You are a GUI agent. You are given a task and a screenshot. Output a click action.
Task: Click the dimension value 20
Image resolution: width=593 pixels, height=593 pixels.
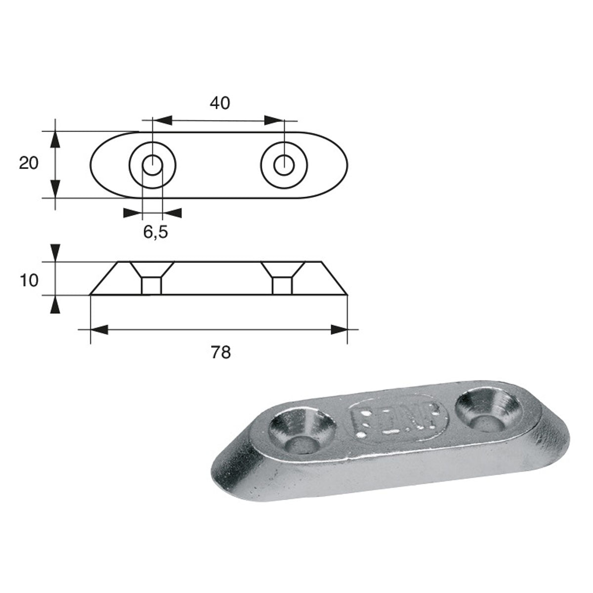pyautogui.click(x=29, y=163)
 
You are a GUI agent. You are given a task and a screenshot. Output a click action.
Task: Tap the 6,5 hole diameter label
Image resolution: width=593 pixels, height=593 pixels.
pyautogui.click(x=156, y=231)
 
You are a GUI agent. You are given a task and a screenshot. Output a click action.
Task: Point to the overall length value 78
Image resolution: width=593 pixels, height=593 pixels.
pyautogui.click(x=220, y=353)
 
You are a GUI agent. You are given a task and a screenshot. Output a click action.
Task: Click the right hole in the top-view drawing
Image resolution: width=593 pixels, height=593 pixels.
pyautogui.click(x=284, y=164)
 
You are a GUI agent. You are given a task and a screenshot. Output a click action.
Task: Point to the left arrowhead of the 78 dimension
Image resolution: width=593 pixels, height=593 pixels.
pyautogui.click(x=99, y=330)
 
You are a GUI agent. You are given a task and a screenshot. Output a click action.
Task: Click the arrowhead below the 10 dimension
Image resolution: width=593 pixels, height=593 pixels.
pyautogui.click(x=55, y=305)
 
